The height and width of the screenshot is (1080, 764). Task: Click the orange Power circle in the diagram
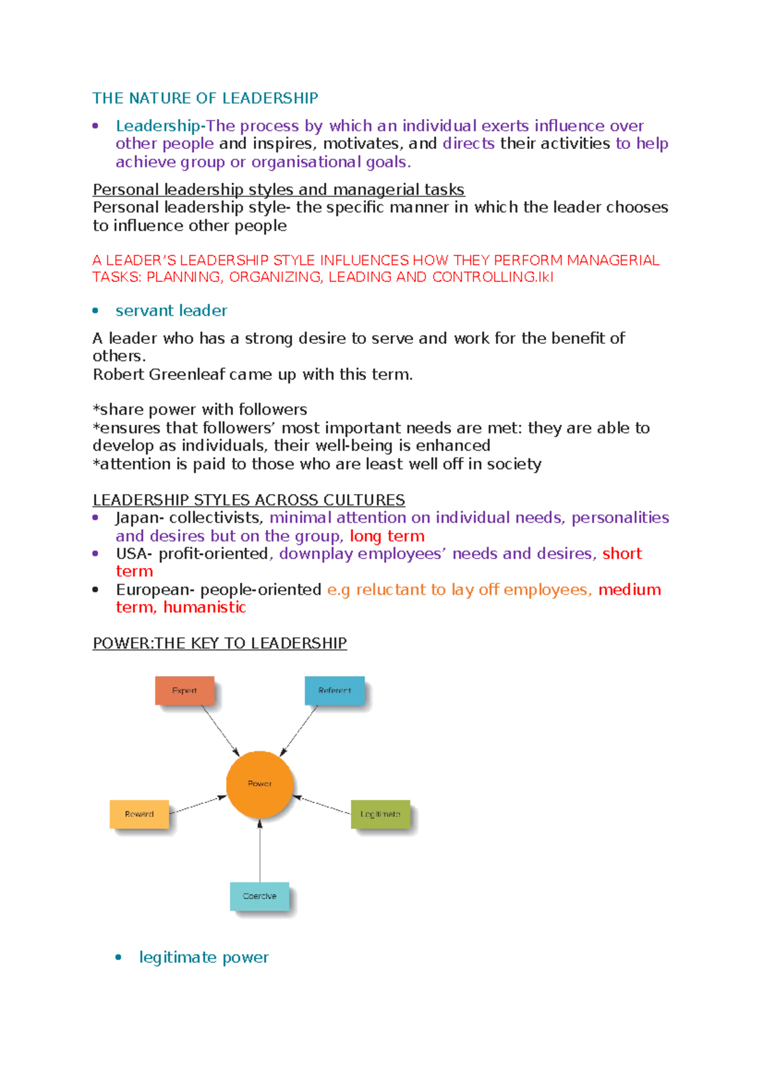point(260,784)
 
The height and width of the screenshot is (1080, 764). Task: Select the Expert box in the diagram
point(185,690)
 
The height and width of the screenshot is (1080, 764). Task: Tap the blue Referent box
point(335,690)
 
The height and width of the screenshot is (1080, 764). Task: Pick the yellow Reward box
point(139,814)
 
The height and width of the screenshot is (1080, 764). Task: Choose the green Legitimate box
point(381,814)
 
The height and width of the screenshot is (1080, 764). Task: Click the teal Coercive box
point(260,896)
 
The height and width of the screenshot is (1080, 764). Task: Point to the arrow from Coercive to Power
point(260,851)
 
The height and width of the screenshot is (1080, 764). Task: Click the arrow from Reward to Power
point(198,805)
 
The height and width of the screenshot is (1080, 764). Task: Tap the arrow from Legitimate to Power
point(322,805)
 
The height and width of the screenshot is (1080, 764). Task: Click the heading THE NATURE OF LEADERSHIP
point(205,98)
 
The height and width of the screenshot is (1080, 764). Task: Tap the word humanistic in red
point(204,607)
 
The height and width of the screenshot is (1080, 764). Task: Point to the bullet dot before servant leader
point(95,311)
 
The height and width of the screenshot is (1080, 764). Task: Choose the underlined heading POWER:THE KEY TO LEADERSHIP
point(220,643)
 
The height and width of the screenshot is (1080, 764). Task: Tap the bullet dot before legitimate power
point(118,957)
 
